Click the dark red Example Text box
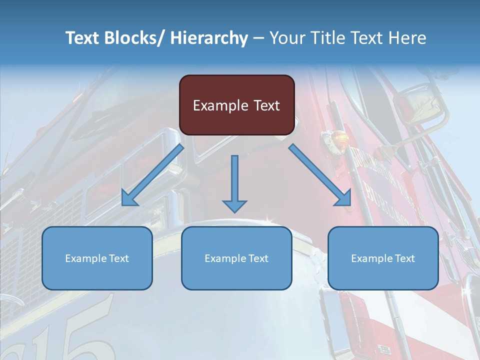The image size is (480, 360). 236,105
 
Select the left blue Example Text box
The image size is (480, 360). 97,258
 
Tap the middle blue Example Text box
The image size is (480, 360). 236,258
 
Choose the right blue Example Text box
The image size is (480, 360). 383,258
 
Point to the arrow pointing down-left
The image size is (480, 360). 152,175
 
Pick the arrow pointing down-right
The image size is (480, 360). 320,175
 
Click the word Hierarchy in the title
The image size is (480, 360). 208,38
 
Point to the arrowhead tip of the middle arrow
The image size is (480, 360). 234,212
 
